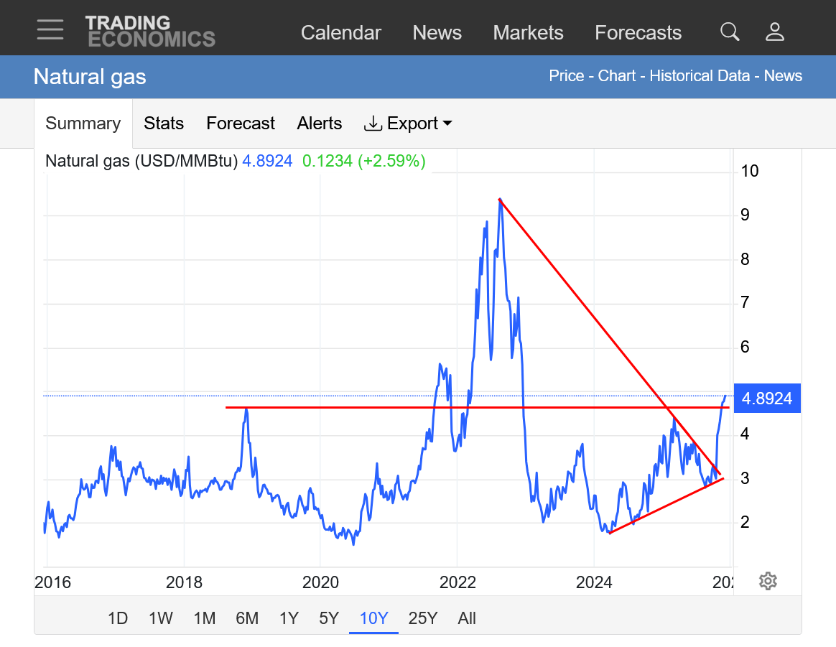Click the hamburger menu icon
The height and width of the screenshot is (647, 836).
50,29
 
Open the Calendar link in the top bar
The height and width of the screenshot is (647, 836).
340,33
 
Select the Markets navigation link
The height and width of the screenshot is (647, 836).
528,33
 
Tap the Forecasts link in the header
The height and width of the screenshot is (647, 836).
638,33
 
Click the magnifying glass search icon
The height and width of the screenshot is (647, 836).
730,32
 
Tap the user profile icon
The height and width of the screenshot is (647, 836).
775,32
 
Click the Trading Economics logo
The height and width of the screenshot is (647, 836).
150,31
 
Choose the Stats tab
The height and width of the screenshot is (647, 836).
164,124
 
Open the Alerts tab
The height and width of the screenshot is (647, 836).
320,124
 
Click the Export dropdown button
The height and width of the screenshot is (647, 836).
408,124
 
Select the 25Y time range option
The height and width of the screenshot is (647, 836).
422,618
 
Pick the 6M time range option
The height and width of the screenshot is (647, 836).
247,618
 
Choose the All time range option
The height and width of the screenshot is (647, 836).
467,618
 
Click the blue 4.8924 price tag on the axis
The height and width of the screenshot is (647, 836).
767,399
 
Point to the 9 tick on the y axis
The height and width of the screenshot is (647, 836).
746,215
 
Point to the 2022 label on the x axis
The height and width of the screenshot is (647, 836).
458,582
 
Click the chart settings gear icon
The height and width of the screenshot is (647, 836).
768,581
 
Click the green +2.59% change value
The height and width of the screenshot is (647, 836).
394,161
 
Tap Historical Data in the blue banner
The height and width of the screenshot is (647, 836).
700,76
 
